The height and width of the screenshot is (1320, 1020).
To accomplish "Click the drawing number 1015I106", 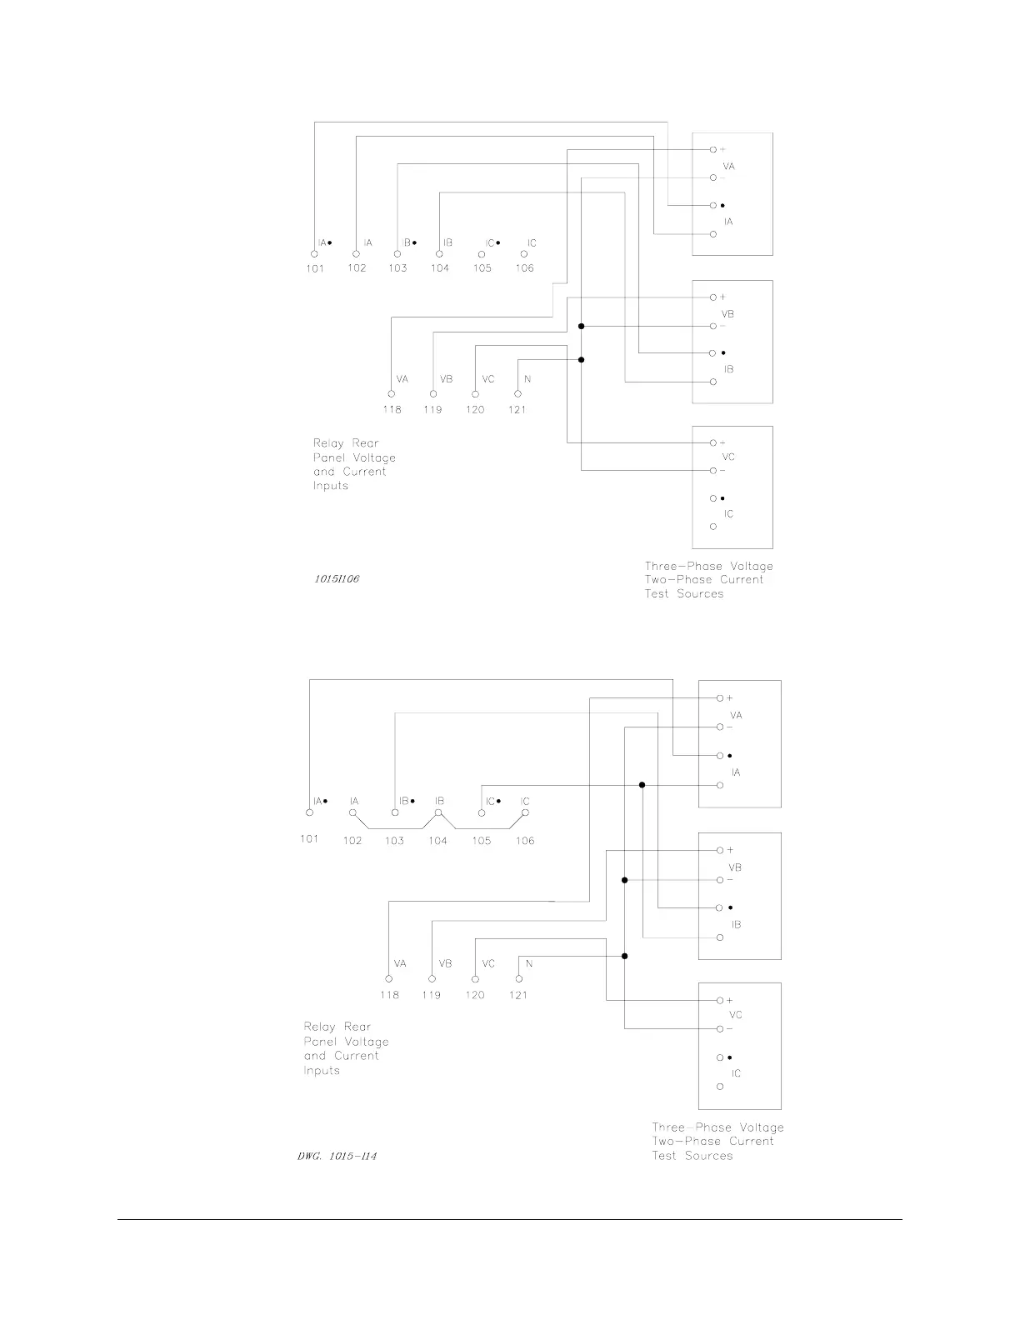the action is pos(337,578).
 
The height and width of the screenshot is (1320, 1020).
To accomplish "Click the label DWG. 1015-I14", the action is pos(337,1156).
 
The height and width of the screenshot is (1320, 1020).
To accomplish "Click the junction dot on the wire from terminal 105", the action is pos(642,785).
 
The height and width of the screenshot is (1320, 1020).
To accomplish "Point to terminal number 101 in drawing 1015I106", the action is pos(315,268).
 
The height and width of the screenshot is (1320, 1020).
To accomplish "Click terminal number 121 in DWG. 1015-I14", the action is pos(517,995).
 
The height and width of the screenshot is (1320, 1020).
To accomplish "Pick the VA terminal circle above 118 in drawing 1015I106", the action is pos(391,393).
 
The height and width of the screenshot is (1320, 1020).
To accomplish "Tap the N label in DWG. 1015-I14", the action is pos(529,964).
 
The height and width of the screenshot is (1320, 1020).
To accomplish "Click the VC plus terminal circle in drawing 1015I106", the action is pos(712,442).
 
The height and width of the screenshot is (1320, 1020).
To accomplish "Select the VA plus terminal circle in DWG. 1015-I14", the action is pos(719,698).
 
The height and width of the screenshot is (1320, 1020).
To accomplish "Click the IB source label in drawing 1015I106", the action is pos(728,369).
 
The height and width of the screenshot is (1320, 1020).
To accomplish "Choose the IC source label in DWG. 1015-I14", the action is pos(736,1073).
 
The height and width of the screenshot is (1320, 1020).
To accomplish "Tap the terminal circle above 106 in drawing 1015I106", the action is pos(523,254).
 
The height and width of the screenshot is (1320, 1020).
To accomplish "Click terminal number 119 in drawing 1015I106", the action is pos(432,410).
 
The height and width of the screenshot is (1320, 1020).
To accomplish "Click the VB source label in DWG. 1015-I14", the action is pos(735,867).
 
